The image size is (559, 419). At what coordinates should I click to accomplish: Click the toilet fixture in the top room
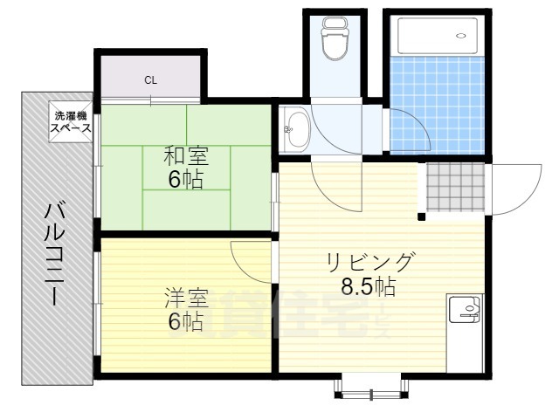332,39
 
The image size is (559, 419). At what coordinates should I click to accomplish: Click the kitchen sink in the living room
465,310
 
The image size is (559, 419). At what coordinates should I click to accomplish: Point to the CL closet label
150,80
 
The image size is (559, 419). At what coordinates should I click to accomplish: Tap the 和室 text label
184,158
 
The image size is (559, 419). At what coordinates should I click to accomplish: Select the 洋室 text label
184,299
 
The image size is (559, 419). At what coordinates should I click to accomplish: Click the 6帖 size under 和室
184,182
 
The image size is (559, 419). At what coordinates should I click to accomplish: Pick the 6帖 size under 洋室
184,322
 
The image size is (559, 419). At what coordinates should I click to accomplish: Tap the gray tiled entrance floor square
453,188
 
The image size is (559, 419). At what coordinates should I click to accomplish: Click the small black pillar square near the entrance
422,216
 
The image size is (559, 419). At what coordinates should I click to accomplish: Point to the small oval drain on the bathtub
460,36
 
